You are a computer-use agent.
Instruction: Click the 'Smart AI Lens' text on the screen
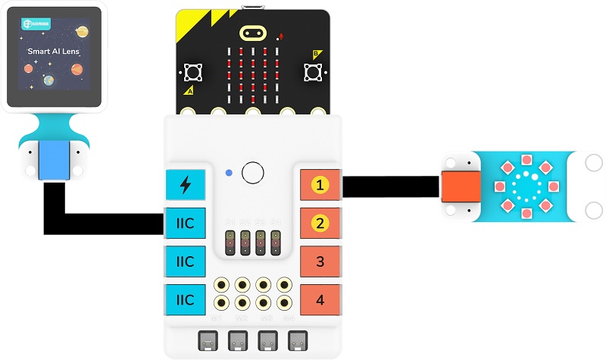(54, 52)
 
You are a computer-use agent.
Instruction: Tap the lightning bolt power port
(185, 185)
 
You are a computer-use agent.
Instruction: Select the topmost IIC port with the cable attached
(185, 224)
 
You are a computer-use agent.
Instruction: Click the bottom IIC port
(185, 300)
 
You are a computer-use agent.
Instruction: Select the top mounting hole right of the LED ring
(593, 162)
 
